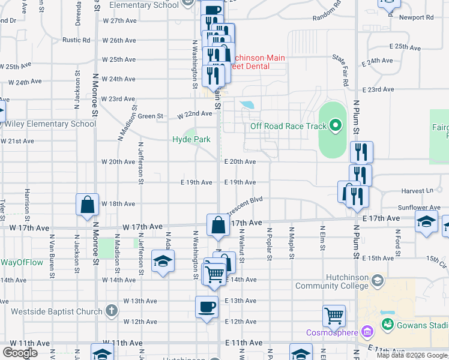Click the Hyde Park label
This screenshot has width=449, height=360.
click(191, 139)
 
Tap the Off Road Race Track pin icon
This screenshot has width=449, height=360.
click(335, 126)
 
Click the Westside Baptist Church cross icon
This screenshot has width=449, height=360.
click(110, 311)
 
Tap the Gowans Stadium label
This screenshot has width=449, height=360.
click(420, 325)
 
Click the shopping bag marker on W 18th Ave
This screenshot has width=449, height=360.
click(88, 204)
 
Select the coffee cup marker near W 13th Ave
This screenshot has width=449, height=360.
click(207, 307)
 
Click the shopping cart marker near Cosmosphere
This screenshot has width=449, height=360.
click(334, 315)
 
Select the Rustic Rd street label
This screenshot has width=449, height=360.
click(76, 40)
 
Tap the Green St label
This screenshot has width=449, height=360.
click(151, 116)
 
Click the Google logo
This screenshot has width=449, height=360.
click(20, 353)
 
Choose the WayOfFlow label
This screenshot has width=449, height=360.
click(22, 262)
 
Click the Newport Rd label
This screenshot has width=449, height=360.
click(411, 17)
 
